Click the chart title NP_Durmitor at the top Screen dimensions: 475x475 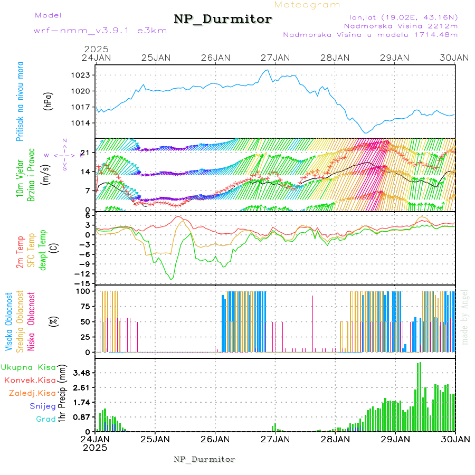click(x=223, y=20)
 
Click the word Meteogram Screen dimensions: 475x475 click(x=308, y=5)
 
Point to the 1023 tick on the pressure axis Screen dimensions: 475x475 click(x=82, y=75)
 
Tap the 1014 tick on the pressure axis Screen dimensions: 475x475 click(x=82, y=123)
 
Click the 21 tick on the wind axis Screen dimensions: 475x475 click(x=87, y=153)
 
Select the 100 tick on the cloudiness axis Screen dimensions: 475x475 click(x=84, y=291)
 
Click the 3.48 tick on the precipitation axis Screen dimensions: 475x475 click(x=81, y=373)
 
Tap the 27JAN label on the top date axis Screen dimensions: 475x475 click(x=275, y=58)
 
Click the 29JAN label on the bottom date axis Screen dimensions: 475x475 click(x=395, y=439)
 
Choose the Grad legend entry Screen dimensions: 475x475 click(x=45, y=419)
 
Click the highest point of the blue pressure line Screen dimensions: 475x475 click(x=268, y=70)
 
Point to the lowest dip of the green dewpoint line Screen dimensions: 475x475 click(x=171, y=279)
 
